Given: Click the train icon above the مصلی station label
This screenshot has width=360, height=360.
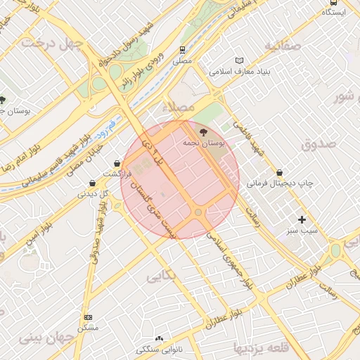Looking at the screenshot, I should pos(182,50).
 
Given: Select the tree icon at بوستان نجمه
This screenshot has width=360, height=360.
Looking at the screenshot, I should pos(203,131).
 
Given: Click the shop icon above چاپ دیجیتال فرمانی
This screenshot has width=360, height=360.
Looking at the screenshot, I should pos(280,172).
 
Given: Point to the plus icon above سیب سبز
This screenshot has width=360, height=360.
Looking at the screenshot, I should pos(302,219).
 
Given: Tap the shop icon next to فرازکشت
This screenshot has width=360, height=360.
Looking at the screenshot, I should pos(116,163).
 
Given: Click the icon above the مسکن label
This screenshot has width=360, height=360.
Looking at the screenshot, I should pos(88,318).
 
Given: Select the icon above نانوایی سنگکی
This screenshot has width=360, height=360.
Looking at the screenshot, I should pos(159,339).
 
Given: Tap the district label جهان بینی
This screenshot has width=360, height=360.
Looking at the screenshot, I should pos(49,338).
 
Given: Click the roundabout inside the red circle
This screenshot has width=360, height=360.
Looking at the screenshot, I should pos(198,212).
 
